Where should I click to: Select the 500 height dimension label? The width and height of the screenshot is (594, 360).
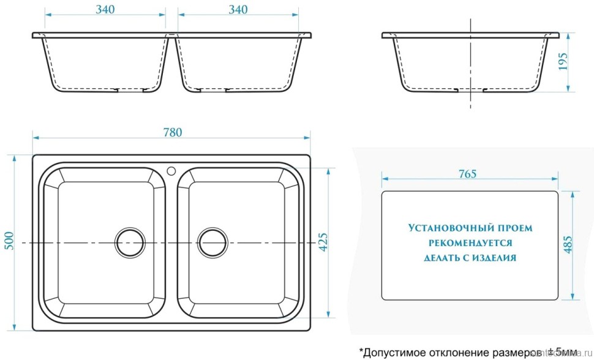coord(9,243)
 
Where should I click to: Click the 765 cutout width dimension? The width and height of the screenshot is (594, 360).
coord(467,174)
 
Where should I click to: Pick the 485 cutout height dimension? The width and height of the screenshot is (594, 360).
coord(568,245)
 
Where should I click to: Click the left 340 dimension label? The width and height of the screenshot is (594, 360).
coord(105,9)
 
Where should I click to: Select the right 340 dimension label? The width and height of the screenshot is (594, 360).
coord(238,9)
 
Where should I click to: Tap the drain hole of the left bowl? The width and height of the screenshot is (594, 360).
coord(130,243)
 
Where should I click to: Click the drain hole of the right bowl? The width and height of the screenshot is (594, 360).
coord(212,243)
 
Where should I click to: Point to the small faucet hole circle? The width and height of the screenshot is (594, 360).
coord(171,170)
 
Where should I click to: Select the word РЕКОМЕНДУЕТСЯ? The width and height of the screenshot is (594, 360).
coord(470,242)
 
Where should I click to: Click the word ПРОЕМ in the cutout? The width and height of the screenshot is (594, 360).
coord(516,228)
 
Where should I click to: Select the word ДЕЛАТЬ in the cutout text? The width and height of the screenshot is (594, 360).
coord(440,258)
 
